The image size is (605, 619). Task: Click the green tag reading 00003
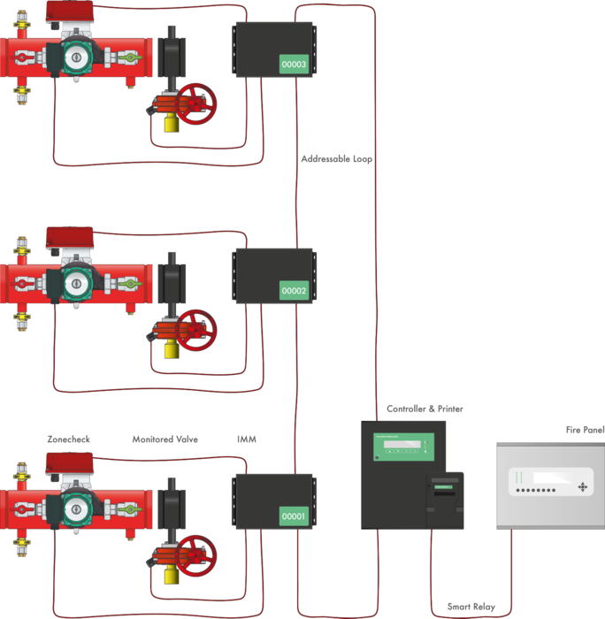click(x=294, y=65)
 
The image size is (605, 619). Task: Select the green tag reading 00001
click(x=294, y=516)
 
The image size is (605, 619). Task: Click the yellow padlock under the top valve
click(x=171, y=123)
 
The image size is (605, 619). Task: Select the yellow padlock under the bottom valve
click(x=171, y=575)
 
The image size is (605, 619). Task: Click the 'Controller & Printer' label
click(x=425, y=409)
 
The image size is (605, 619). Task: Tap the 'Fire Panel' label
click(x=585, y=430)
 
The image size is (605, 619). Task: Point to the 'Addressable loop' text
click(x=336, y=159)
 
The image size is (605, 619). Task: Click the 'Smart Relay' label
click(x=471, y=608)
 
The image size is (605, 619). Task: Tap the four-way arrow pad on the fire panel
click(x=582, y=487)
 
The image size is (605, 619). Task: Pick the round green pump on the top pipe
click(x=77, y=57)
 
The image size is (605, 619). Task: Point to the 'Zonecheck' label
click(x=68, y=439)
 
